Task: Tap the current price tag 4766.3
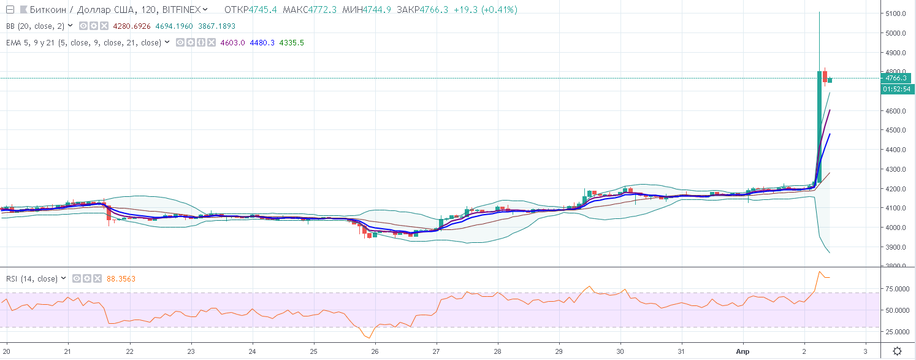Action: (896, 78)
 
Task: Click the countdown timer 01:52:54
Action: (896, 90)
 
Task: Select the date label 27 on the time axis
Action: (436, 351)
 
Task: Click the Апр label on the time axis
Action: (743, 351)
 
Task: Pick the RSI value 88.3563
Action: (121, 278)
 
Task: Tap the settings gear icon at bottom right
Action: (897, 351)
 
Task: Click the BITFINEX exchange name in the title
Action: (181, 10)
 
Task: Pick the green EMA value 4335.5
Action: (291, 42)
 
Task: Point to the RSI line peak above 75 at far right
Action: (820, 272)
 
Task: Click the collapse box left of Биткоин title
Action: (10, 10)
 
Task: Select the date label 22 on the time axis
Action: (129, 351)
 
